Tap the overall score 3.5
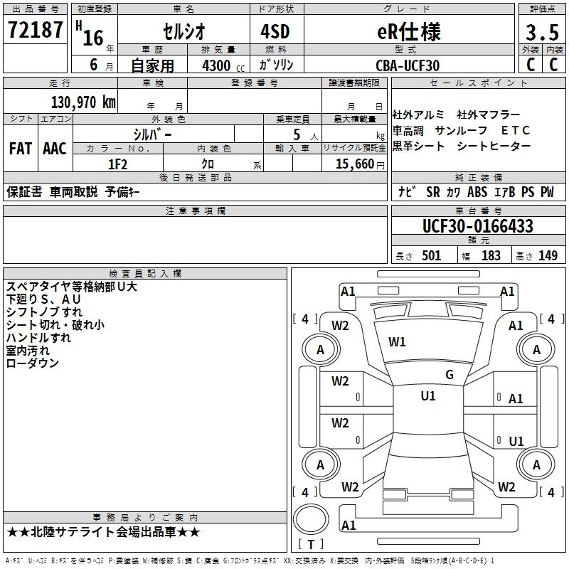[x=542, y=33]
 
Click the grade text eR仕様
[x=408, y=32]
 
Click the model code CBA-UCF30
[x=408, y=65]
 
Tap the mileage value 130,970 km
[x=83, y=102]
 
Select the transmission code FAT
[x=20, y=149]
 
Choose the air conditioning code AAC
[x=55, y=149]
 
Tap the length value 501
[x=431, y=255]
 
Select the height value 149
[x=548, y=255]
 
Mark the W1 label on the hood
[x=397, y=342]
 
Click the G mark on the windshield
[x=449, y=375]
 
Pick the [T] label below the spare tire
[x=310, y=544]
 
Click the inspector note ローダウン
[x=33, y=363]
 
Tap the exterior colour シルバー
[x=152, y=134]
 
